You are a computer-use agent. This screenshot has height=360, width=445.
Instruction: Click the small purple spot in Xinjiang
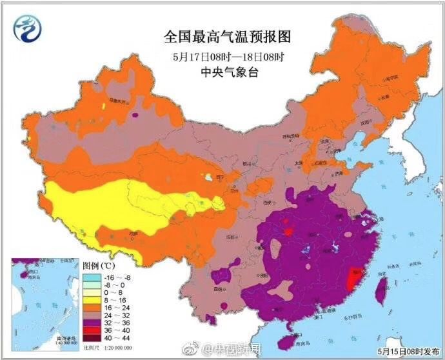135,115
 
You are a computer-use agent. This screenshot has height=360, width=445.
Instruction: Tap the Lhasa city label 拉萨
133,235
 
